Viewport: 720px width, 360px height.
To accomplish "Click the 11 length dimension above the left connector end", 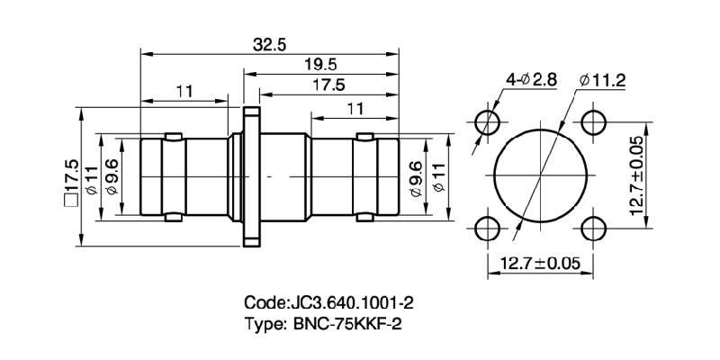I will tap(184, 91).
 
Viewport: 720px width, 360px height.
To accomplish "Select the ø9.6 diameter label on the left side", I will tap(111, 176).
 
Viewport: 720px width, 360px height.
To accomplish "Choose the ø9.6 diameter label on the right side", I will tap(415, 176).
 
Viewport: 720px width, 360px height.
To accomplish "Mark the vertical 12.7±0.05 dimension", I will tap(635, 176).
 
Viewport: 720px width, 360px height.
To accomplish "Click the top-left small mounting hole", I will tap(488, 122).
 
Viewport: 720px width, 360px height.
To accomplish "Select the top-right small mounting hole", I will tap(591, 122).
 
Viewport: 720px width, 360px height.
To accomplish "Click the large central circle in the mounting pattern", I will tap(540, 175).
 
